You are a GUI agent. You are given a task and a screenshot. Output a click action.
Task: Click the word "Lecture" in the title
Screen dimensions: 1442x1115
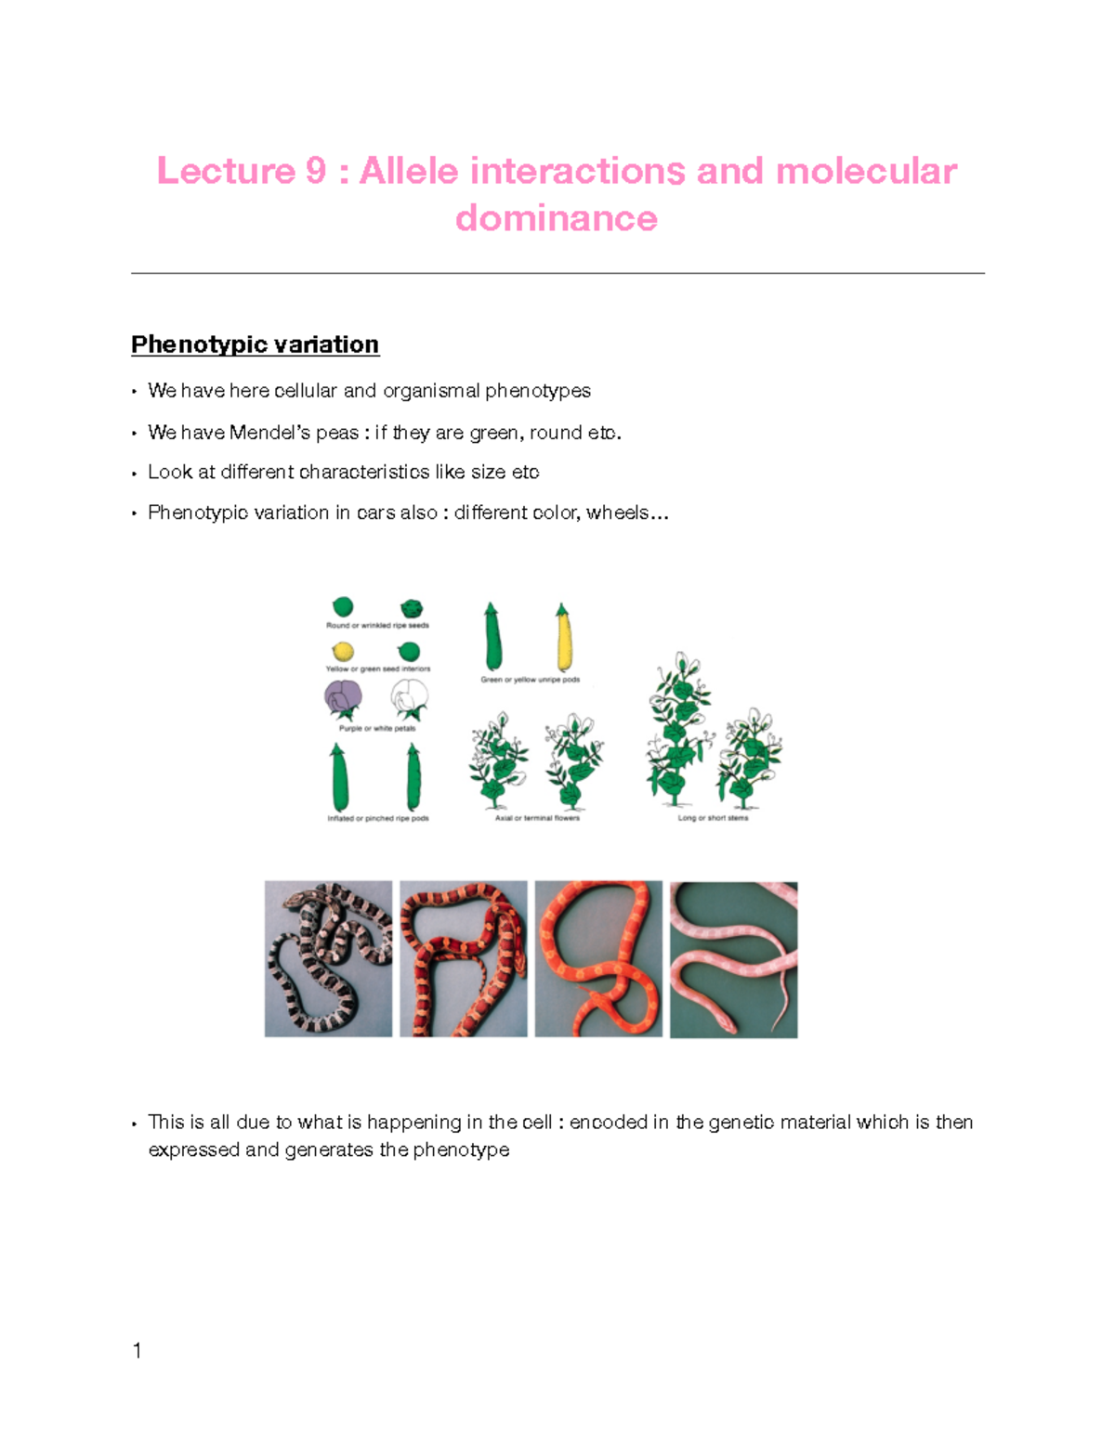226,171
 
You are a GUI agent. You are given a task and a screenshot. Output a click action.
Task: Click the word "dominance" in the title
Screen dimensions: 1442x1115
557,218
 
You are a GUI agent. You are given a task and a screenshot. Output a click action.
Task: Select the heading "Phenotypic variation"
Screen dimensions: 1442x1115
255,344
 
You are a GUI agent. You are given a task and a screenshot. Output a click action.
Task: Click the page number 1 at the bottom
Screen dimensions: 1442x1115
138,1351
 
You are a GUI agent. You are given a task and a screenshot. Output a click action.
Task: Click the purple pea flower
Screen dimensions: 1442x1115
343,698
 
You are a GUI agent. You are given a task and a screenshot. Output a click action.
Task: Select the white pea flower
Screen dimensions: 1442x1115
409,698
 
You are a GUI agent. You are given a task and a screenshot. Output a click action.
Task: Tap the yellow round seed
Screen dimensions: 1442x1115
343,651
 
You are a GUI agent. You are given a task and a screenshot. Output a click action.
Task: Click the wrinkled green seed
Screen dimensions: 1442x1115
411,608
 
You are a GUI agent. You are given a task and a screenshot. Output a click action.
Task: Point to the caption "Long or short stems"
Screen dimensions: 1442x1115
713,818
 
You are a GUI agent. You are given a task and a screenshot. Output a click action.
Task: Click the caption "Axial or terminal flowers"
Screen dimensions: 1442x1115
537,818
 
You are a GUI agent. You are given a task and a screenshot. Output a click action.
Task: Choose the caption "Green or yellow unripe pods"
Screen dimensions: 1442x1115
530,680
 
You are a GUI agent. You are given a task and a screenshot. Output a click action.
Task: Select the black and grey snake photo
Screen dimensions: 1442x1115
328,958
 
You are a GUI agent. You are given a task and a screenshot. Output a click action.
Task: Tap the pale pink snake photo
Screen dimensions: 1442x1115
733,959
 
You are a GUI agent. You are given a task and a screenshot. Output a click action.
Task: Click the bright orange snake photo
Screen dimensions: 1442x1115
598,958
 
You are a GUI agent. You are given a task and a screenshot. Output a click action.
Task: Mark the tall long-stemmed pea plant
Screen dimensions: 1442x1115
679,729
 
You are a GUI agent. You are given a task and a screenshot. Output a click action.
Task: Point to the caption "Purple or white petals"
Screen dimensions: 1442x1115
377,729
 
